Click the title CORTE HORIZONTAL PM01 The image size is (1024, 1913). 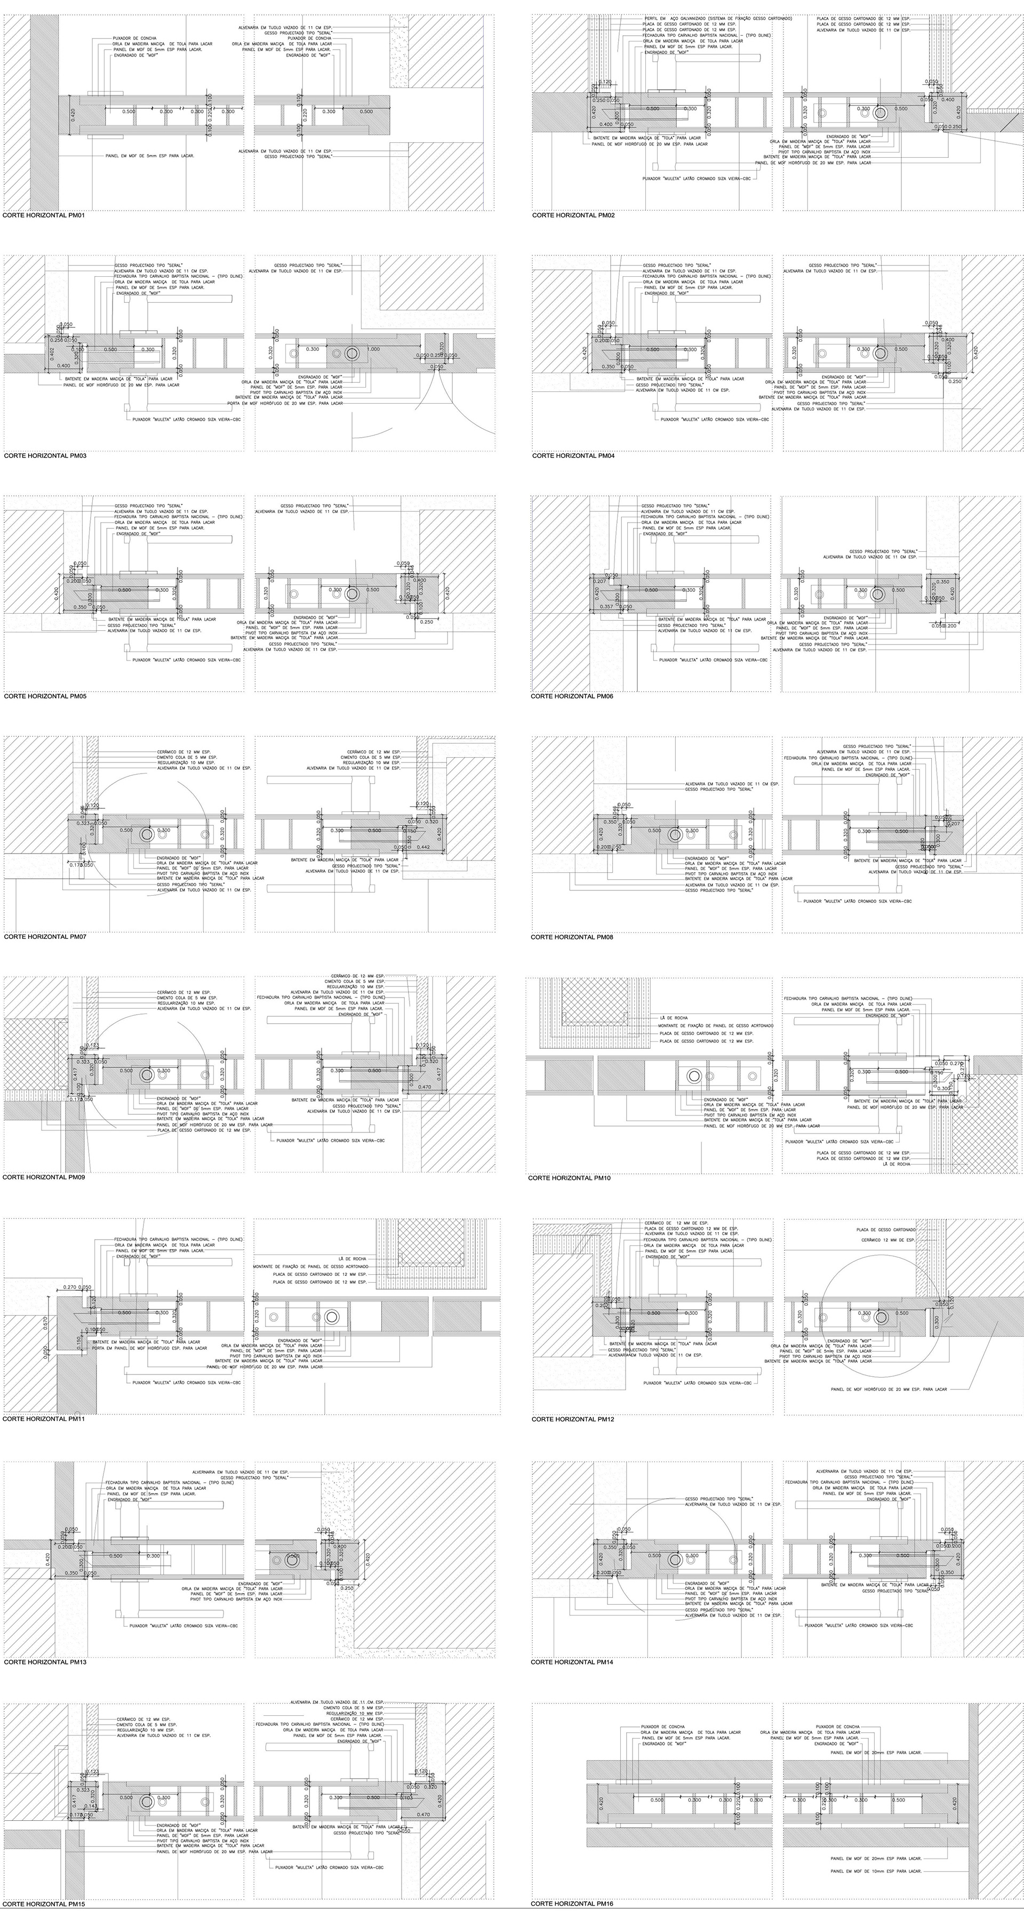[45, 215]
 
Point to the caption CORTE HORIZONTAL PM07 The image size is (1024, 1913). [45, 936]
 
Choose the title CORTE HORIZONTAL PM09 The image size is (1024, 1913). [43, 1177]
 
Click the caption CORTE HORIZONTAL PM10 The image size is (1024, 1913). [569, 1178]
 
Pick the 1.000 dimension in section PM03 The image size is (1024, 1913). [373, 349]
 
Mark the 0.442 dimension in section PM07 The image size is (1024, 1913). [423, 847]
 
